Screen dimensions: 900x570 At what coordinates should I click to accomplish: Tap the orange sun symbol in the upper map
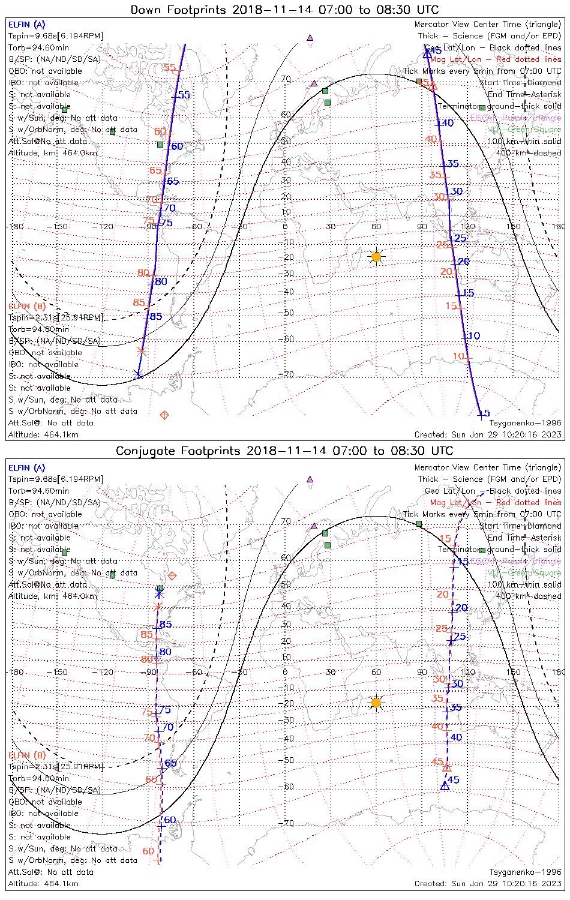coord(376,257)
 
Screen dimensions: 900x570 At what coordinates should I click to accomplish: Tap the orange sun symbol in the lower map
coord(376,703)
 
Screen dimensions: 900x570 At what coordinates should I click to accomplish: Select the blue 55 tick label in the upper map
coord(184,95)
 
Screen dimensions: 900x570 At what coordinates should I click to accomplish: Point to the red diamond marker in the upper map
coord(164,415)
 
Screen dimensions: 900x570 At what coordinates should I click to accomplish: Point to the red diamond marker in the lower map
coord(172,576)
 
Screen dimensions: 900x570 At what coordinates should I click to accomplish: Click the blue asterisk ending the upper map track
coord(138,374)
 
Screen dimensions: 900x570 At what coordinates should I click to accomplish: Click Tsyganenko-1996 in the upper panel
coord(525,423)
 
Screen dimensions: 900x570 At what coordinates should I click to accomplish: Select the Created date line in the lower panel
coord(488,883)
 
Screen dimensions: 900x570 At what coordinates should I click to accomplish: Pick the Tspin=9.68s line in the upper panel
coord(56,36)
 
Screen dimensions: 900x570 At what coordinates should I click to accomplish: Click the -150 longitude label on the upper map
coord(61,227)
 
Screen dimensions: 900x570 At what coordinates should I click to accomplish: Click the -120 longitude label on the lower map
coord(106,673)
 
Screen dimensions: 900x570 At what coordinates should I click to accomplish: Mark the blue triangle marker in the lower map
coord(445,785)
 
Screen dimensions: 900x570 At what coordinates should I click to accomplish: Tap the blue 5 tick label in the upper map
coord(487,413)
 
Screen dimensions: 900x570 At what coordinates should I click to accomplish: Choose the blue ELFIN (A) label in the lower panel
coord(27,468)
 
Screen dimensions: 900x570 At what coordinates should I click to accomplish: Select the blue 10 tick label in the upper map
coord(474,336)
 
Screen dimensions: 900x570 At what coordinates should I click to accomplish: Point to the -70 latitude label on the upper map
coord(288,374)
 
